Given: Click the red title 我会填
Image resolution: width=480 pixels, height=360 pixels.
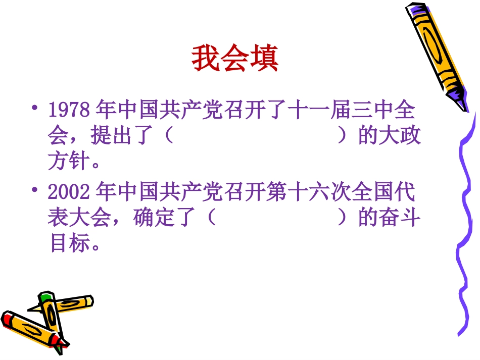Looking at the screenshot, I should [235, 59].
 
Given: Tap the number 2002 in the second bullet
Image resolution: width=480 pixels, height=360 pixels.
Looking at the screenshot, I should [69, 192].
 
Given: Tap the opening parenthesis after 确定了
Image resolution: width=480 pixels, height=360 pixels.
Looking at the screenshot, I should [211, 218].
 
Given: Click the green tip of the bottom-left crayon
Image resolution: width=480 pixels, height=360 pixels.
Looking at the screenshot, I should [46, 295].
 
